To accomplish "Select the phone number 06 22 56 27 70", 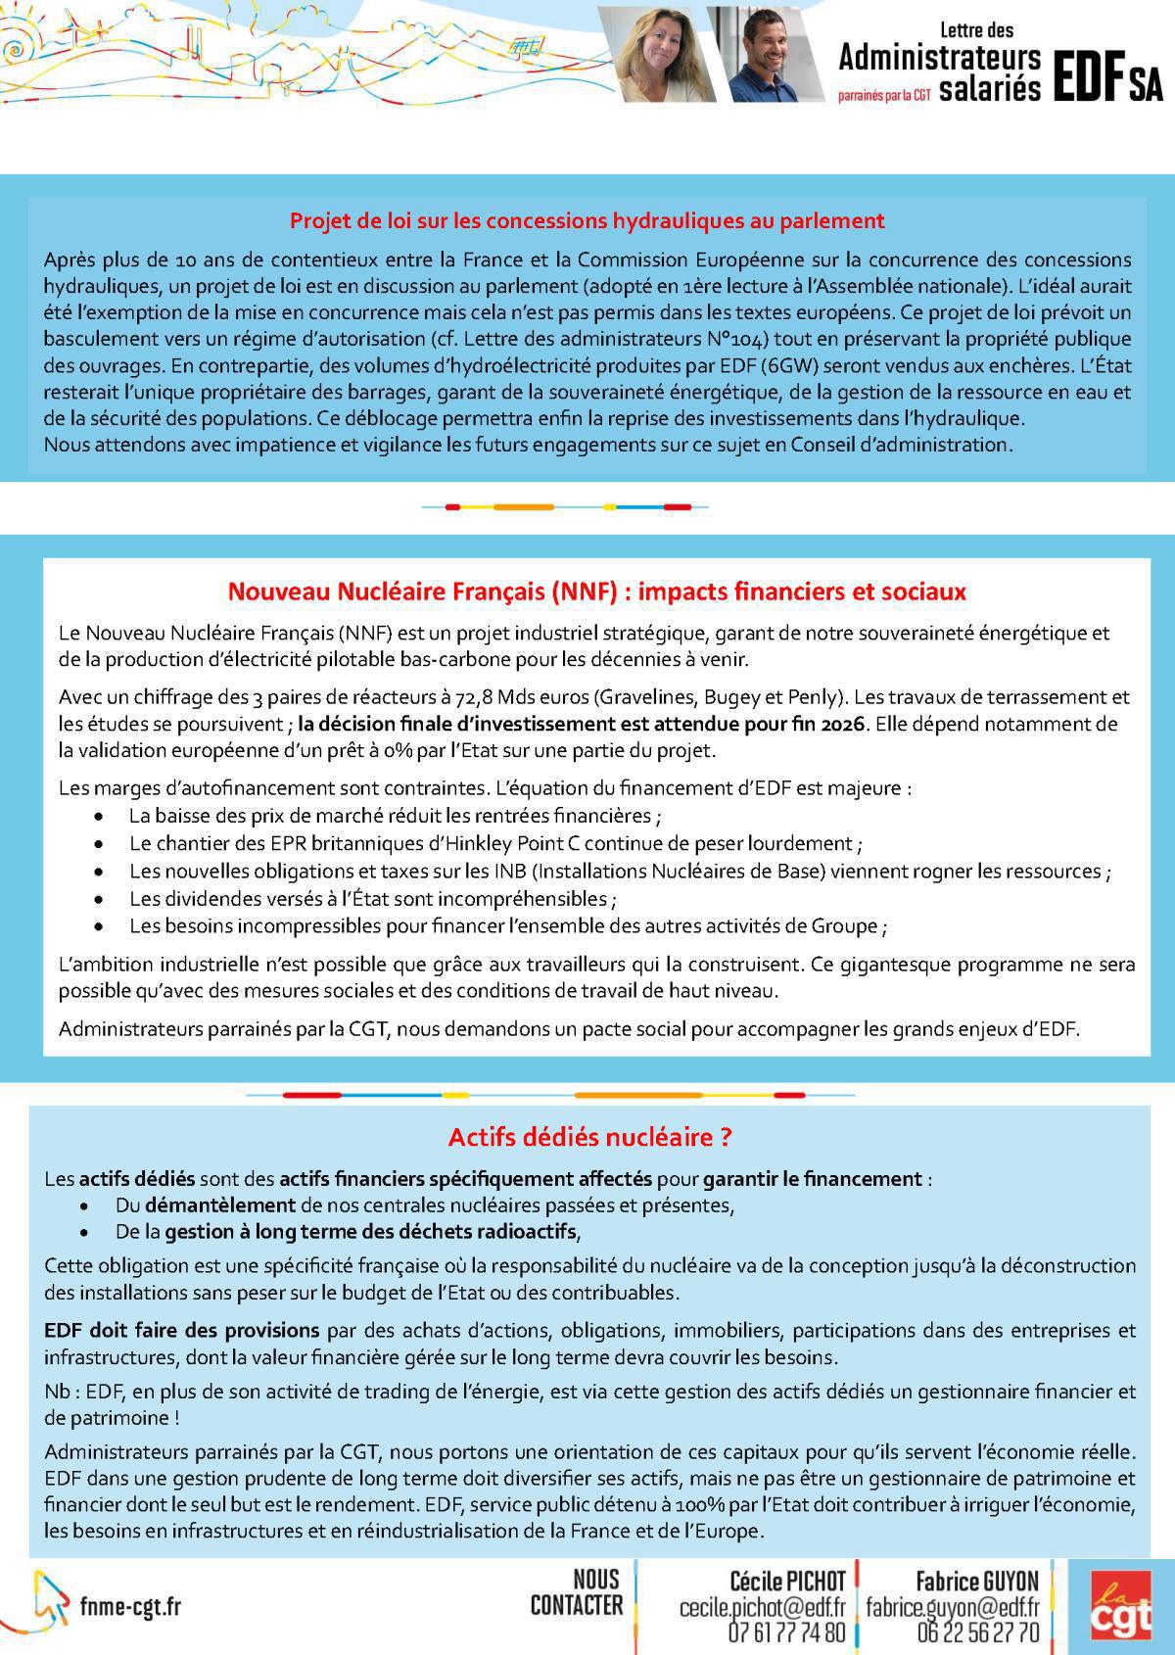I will tap(978, 1632).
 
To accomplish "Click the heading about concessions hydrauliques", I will tap(587, 220).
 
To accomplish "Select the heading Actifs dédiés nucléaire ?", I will tap(589, 1137).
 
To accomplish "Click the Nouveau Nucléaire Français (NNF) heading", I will tap(596, 591).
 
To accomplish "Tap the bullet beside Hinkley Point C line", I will tap(99, 843).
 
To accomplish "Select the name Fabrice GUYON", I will tap(976, 1581).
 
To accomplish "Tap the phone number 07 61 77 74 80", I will tap(786, 1632).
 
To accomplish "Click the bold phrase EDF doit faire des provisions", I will tap(181, 1330).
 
